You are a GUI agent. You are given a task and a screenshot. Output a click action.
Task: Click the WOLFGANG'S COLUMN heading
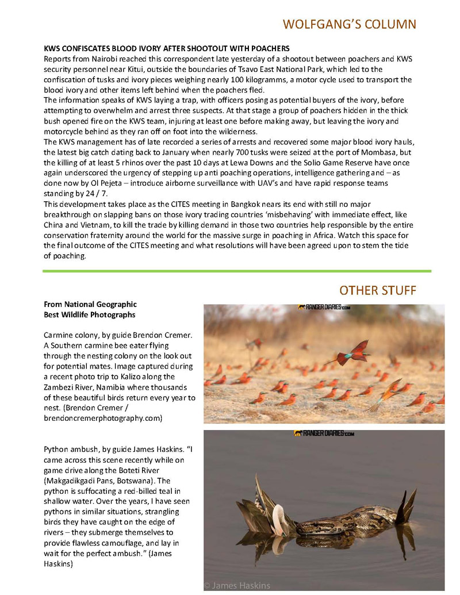click(x=349, y=24)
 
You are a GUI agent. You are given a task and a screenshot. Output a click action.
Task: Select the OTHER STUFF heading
click(x=377, y=290)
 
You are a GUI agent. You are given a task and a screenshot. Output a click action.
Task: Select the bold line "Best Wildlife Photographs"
click(x=89, y=315)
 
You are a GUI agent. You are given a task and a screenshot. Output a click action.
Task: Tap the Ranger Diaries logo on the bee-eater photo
click(x=324, y=308)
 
